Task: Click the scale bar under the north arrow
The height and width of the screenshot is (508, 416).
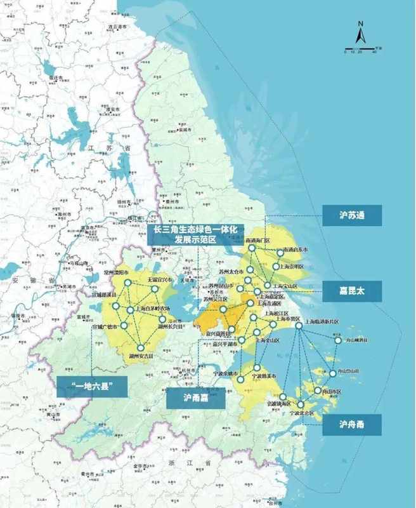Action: click(360, 50)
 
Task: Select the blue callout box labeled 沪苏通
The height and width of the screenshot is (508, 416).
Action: click(351, 215)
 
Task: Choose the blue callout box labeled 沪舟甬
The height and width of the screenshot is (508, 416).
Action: click(351, 424)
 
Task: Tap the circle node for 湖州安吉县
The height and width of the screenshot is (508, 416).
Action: click(141, 347)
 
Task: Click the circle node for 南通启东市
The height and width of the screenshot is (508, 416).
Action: click(280, 252)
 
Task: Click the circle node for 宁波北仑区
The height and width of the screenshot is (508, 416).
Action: click(301, 404)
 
